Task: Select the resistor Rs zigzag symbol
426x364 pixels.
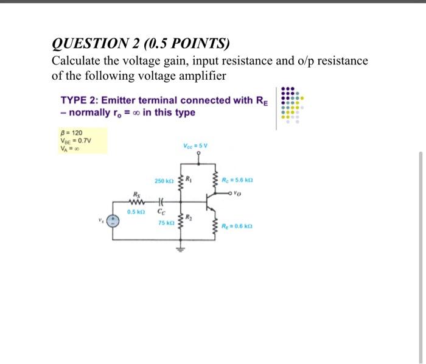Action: pyautogui.click(x=138, y=203)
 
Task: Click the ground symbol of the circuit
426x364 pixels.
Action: pyautogui.click(x=181, y=247)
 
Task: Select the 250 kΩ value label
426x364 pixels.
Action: pyautogui.click(x=162, y=181)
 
